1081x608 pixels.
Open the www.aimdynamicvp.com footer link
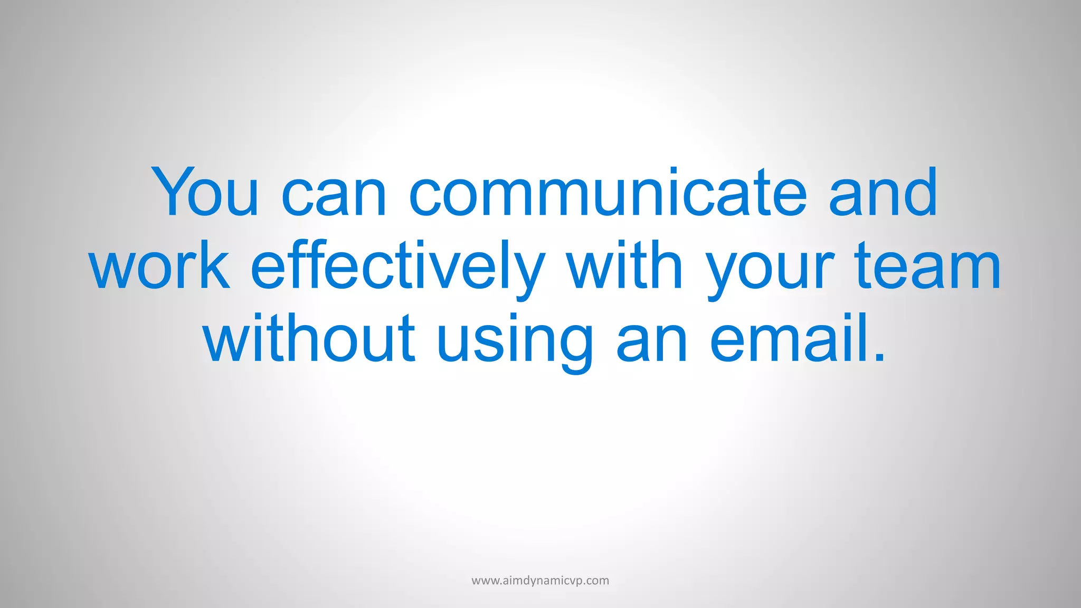[x=540, y=581]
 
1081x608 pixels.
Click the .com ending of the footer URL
[x=596, y=581]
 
